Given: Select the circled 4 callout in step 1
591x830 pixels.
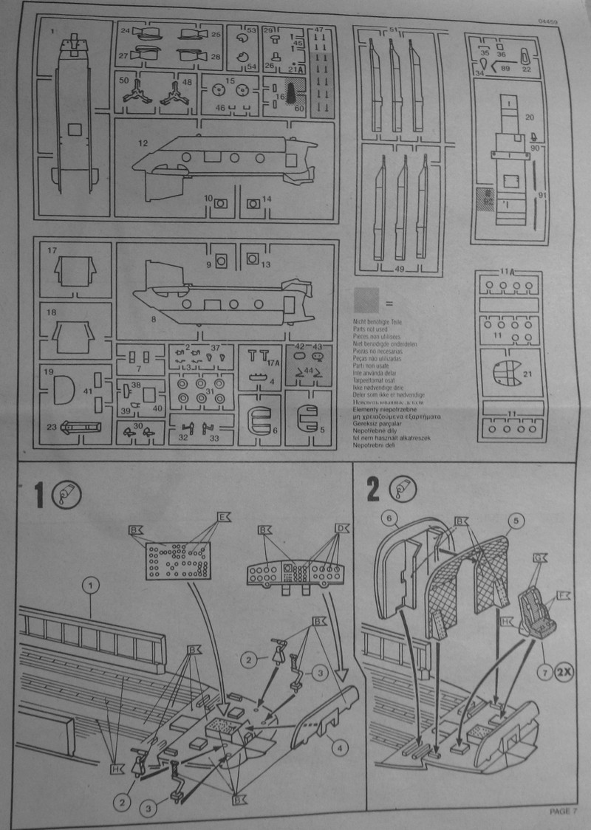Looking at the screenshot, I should (339, 747).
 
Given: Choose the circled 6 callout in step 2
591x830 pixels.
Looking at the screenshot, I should (392, 518).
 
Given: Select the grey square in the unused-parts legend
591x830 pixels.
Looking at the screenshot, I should (366, 300).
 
